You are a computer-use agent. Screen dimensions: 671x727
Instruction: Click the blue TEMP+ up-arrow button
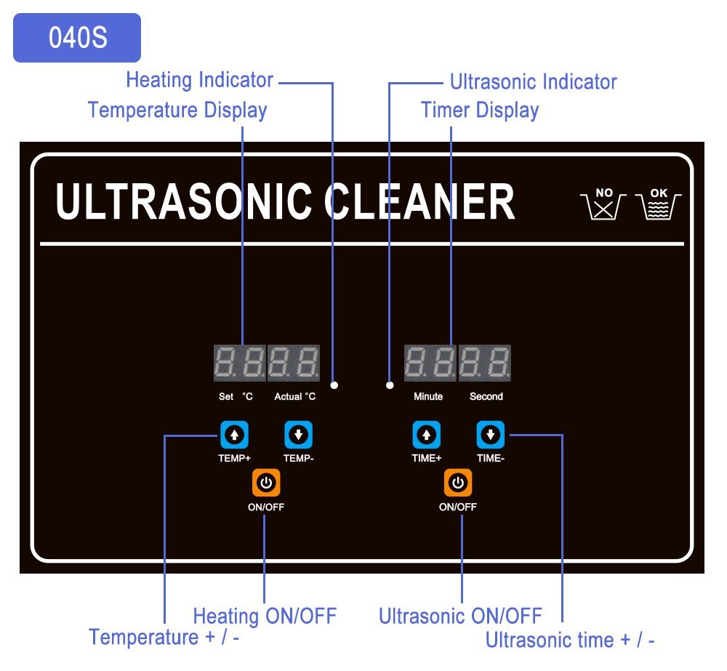coord(234,435)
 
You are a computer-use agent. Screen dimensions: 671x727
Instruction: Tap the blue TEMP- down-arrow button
coord(298,435)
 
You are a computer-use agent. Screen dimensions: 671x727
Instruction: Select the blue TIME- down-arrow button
coord(491,435)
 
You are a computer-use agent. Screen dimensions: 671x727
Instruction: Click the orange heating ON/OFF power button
coord(266,483)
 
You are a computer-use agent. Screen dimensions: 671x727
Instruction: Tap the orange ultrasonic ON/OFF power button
coord(458,483)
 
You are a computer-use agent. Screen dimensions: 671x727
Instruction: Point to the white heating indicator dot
coord(334,385)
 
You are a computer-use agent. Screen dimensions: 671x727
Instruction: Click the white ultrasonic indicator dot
coord(390,385)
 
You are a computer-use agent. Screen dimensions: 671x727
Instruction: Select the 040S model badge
coord(77,38)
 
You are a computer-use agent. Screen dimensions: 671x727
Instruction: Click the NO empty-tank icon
coord(603,205)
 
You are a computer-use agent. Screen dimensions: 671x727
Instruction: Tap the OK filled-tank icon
coord(658,205)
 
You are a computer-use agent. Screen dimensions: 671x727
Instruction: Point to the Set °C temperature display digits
coord(239,363)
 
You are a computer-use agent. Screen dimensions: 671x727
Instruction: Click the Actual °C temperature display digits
coord(294,363)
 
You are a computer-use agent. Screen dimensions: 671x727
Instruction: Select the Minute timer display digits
coord(430,363)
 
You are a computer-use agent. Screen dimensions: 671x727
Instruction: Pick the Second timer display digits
coord(484,363)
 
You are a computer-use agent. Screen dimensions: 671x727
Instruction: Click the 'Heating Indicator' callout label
coord(199,80)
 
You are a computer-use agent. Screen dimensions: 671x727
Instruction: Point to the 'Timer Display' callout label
coord(480,111)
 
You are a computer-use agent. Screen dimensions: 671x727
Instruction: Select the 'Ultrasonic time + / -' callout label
coord(570,640)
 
